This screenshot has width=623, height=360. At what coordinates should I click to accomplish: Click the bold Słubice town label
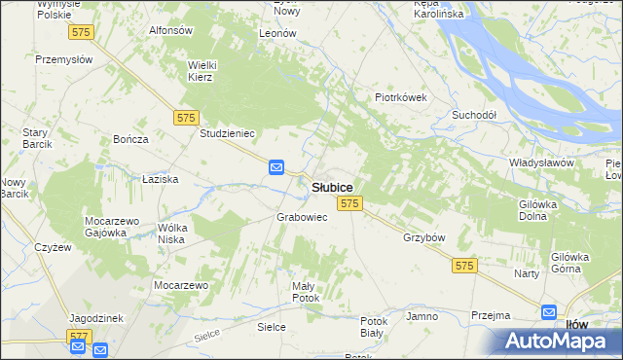332,186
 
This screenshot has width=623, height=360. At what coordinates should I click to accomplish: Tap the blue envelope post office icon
276,168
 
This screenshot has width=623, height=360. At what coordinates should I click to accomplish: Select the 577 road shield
79,336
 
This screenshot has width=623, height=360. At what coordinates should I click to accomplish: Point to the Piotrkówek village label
402,97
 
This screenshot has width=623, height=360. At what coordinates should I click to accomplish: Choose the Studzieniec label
227,133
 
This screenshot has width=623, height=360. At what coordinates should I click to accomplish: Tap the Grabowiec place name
302,217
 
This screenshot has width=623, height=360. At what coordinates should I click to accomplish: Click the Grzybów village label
423,237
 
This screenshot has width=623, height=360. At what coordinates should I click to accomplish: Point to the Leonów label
277,33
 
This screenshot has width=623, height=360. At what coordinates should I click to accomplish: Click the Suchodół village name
474,115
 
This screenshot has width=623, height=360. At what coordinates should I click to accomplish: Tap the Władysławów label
541,162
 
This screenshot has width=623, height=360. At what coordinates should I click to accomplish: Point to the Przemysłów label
63,58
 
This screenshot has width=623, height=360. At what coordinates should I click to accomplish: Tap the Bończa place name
130,139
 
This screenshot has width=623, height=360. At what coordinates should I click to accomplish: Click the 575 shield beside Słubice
350,203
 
